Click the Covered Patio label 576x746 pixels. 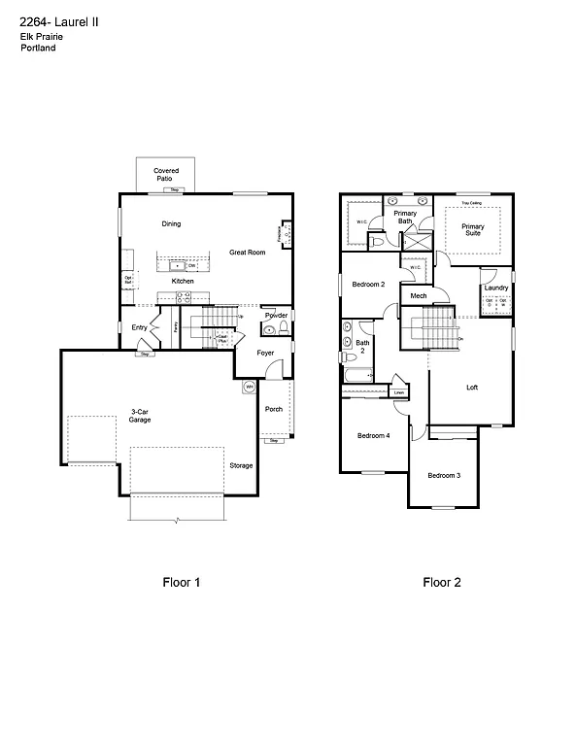[166, 175]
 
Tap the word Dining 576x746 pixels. [171, 224]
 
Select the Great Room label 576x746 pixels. [247, 253]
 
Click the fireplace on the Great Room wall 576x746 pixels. [285, 233]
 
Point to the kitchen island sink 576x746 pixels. [178, 264]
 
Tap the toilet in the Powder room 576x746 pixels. [270, 329]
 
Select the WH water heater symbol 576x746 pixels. [248, 387]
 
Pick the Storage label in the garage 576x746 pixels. [241, 466]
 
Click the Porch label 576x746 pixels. [274, 409]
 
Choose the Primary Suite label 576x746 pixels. [472, 230]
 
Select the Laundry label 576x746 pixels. [496, 288]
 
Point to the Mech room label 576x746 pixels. [419, 296]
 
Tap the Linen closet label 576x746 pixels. [399, 392]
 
